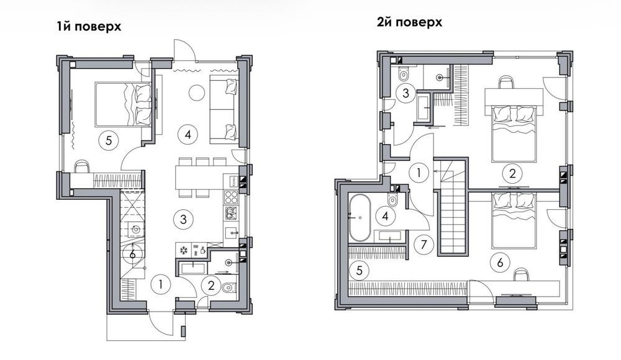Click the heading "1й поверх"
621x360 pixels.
(89, 27)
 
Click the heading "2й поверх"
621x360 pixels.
(409, 22)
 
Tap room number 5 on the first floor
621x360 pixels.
(109, 141)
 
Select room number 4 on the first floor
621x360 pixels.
(188, 135)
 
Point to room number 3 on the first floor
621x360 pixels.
(183, 219)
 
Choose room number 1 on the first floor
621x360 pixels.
(161, 284)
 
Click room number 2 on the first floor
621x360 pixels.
(211, 285)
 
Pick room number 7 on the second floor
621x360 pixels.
(424, 245)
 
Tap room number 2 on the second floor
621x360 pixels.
(512, 173)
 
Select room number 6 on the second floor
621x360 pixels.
(500, 262)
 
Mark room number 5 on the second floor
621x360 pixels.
(360, 271)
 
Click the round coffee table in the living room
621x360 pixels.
(196, 92)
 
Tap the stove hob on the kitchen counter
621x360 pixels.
(230, 197)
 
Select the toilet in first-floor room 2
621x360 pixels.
(229, 287)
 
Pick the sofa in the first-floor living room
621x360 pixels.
(224, 109)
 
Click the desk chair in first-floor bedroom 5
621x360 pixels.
(82, 166)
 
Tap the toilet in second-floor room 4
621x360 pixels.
(392, 200)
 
